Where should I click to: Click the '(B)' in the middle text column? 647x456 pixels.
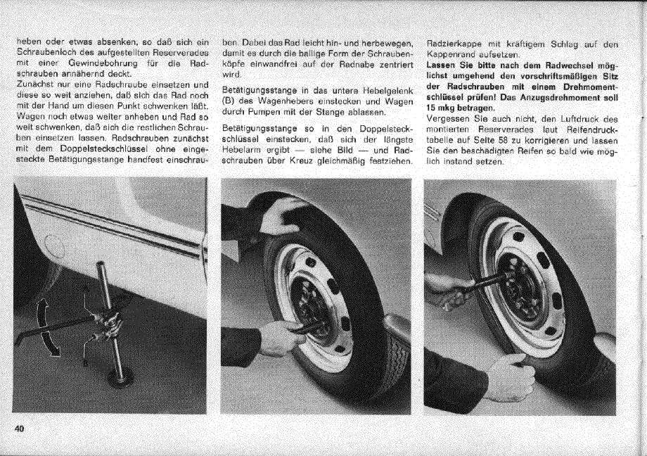(228, 101)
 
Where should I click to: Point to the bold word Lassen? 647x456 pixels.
(442, 64)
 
